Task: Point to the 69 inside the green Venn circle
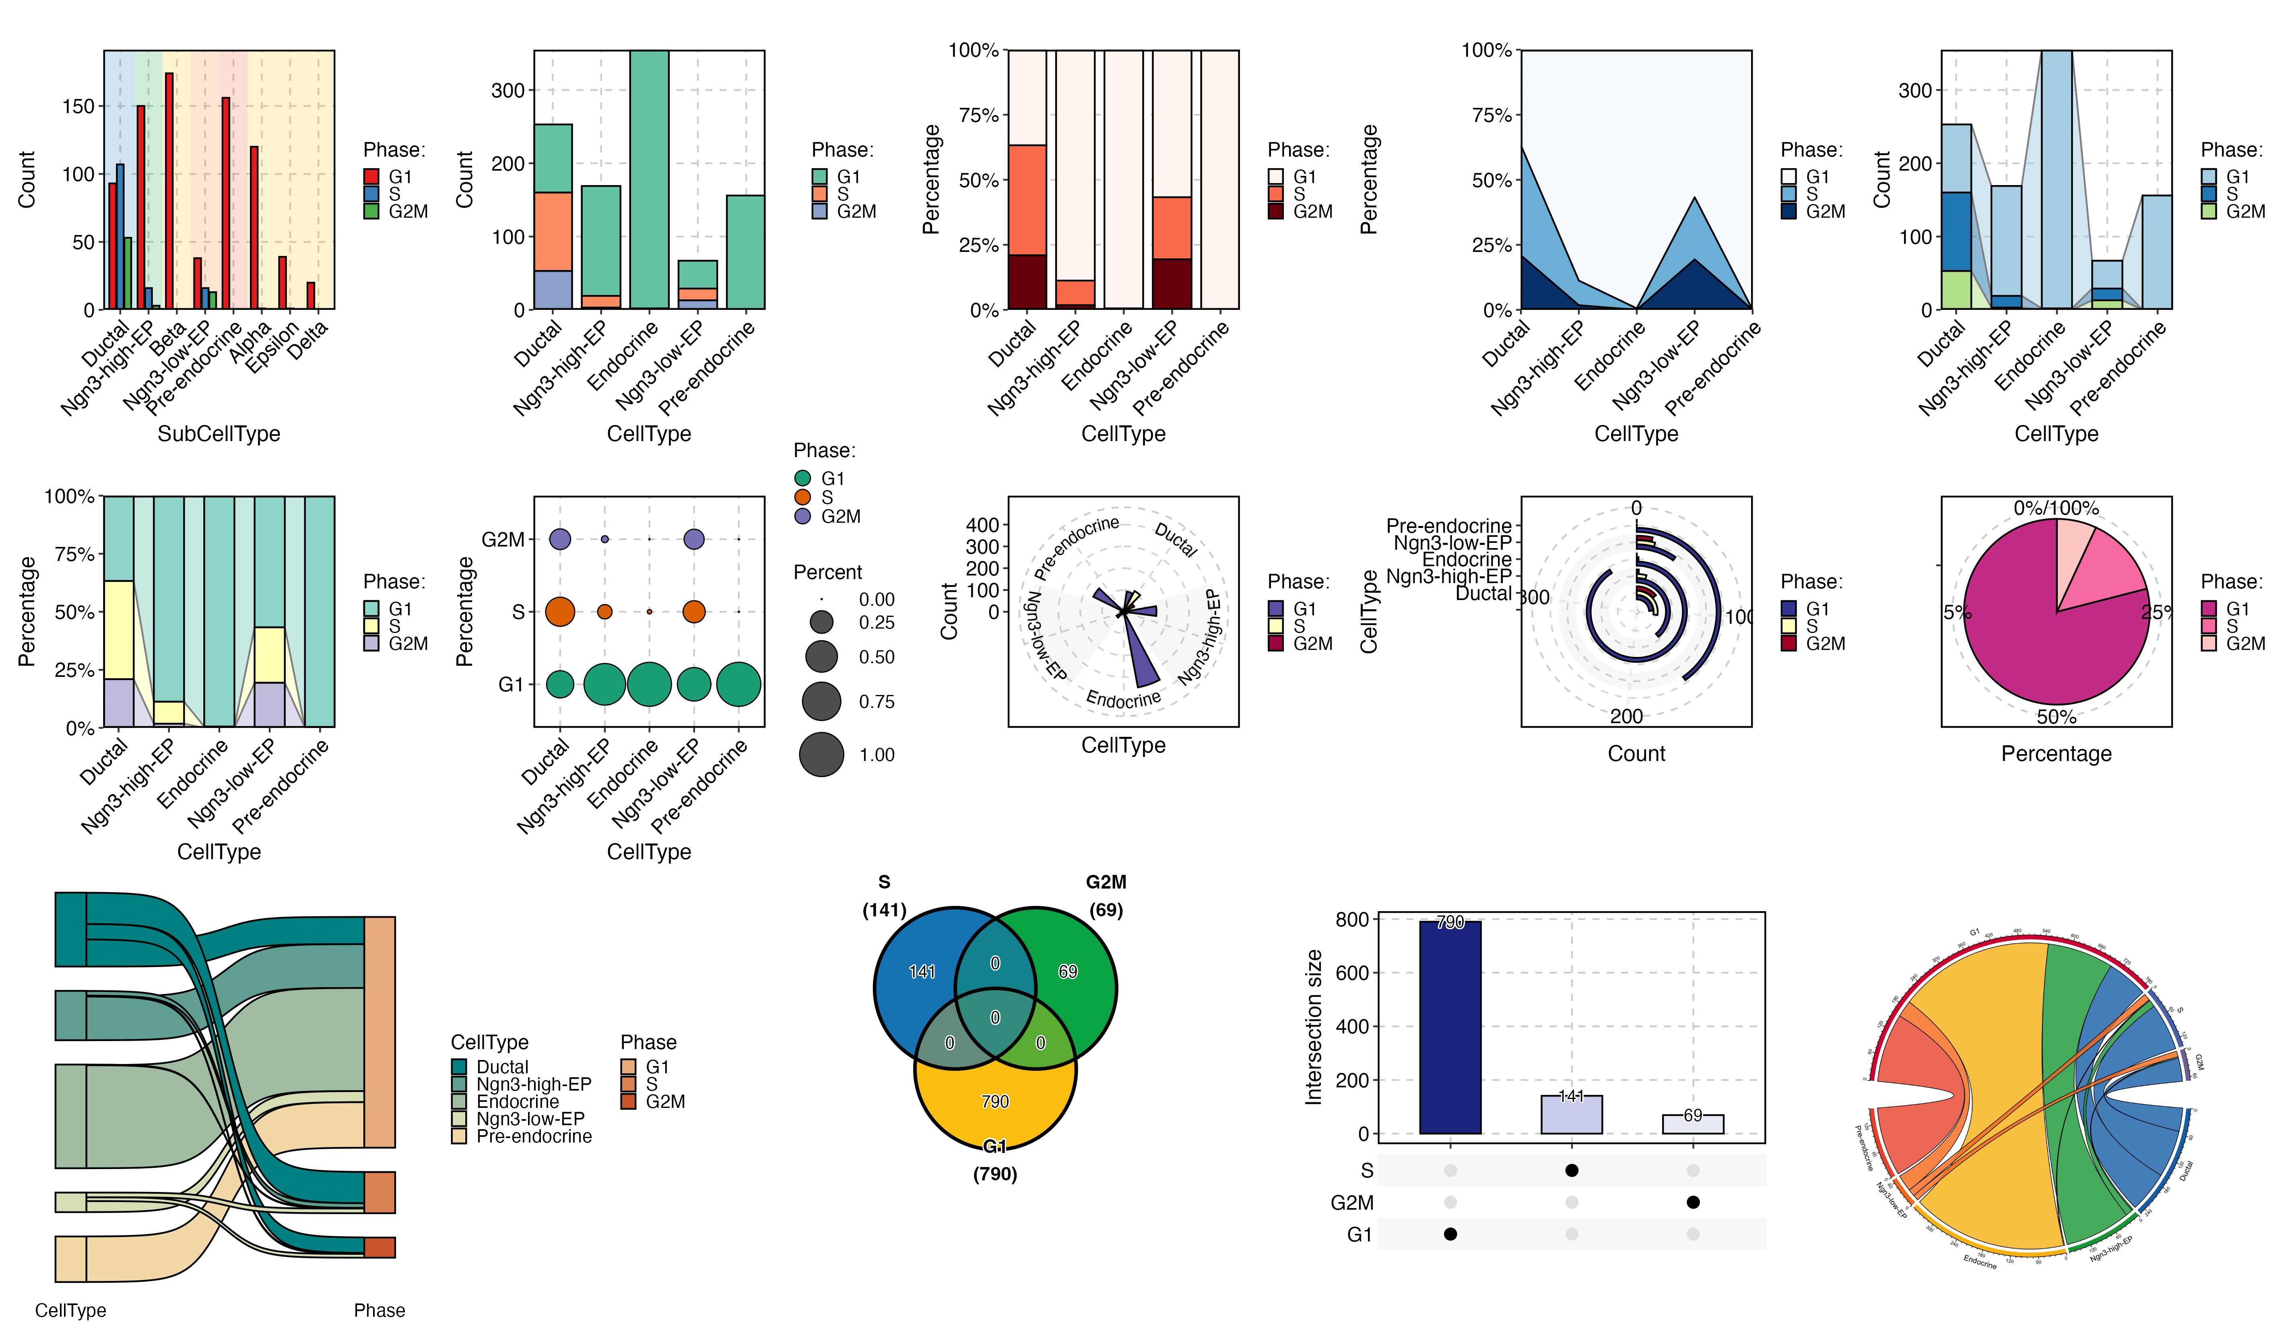(1068, 972)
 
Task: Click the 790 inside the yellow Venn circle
(995, 1101)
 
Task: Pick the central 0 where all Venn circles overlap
(995, 1018)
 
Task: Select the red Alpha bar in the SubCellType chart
(254, 227)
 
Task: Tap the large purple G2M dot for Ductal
(560, 539)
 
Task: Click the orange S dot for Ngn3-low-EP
(694, 612)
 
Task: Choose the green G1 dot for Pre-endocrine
(738, 685)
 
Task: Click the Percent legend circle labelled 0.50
(821, 656)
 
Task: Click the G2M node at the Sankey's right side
(380, 1247)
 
